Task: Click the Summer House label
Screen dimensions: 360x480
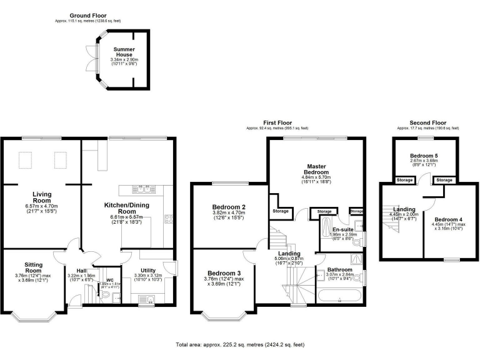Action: pyautogui.click(x=124, y=51)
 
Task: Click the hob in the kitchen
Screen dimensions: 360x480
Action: pyautogui.click(x=168, y=219)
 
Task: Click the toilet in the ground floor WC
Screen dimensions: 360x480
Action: pyautogui.click(x=105, y=294)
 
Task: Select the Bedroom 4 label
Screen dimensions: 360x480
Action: pyautogui.click(x=449, y=219)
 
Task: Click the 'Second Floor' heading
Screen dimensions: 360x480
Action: pyautogui.click(x=427, y=123)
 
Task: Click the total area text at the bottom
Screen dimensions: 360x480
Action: pyautogui.click(x=240, y=344)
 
